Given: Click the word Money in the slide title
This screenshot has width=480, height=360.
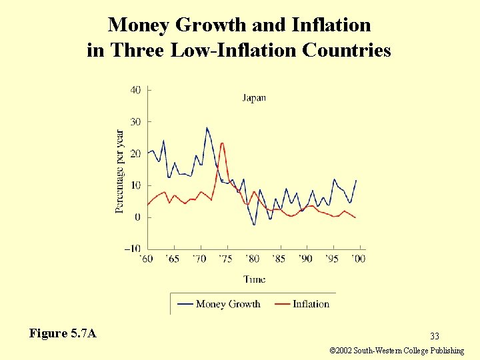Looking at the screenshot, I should point(138,25).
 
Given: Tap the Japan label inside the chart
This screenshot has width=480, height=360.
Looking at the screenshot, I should point(253,97).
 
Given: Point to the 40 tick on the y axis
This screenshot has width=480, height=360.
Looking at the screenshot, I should point(135,90).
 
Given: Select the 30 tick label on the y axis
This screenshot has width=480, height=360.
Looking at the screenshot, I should point(135,122).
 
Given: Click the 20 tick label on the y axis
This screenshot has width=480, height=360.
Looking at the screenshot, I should point(135,153).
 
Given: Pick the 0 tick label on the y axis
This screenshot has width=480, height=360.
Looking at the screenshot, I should point(138,217).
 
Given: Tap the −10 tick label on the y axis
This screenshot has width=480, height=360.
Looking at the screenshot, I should point(132,249).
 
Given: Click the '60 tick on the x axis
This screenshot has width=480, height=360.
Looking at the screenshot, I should point(147,259).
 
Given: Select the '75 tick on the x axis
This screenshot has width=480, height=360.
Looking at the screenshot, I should point(227,259).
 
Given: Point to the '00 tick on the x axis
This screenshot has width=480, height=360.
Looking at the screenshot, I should point(359,259).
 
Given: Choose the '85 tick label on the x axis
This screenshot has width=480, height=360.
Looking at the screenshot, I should point(279,259).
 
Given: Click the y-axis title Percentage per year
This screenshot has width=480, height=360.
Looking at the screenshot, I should point(120,171).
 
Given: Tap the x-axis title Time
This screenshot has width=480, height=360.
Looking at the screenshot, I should point(254,279).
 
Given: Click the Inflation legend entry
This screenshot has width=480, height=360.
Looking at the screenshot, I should point(311,304).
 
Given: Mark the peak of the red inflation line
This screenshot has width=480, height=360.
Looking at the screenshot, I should point(222,143).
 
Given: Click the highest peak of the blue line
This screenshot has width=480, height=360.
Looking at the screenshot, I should point(207,127).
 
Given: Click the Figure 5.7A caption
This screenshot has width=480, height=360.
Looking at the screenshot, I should point(63,333).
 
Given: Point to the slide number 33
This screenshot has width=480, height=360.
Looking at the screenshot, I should point(435,336).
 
